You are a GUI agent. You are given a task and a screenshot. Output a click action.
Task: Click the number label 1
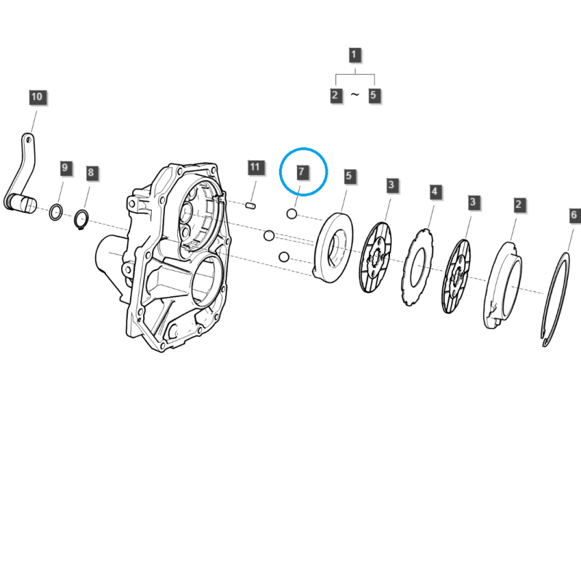point(354,54)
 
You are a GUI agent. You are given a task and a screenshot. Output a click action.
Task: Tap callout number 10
point(36,97)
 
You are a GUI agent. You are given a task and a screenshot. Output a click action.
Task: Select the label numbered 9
point(65,168)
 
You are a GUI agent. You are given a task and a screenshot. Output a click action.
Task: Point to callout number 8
point(91,172)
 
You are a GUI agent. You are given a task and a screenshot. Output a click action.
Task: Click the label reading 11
point(253,168)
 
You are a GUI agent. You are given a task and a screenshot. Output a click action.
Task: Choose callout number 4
point(434,192)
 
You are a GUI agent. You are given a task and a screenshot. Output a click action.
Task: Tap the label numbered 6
point(573,215)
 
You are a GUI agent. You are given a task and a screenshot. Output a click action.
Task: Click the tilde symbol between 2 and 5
point(354,95)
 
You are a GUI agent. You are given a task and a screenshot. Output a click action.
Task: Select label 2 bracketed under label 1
point(335,95)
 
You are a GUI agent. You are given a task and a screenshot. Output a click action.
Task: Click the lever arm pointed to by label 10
point(24,171)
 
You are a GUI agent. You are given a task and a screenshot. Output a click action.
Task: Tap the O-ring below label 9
point(55,212)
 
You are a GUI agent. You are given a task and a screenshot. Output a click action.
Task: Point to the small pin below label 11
point(251,205)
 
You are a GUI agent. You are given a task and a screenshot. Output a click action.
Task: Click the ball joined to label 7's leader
point(291,214)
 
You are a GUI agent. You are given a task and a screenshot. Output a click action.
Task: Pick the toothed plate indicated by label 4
point(417,265)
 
